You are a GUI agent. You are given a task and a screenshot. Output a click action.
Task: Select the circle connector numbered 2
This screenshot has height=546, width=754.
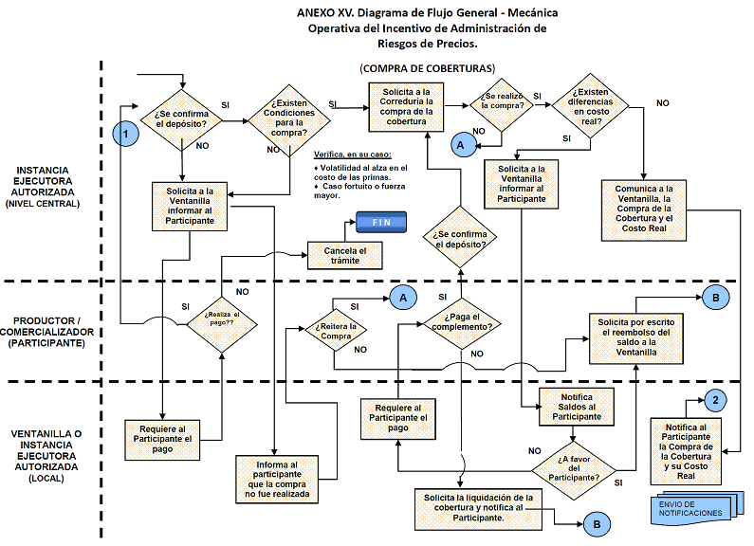pos(716,399)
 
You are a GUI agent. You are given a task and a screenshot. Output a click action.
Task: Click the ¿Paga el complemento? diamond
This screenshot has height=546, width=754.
pos(461,321)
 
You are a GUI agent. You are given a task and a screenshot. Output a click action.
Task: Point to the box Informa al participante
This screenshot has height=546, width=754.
pos(275,479)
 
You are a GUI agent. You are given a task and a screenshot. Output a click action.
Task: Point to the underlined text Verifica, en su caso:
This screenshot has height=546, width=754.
pos(352,155)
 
